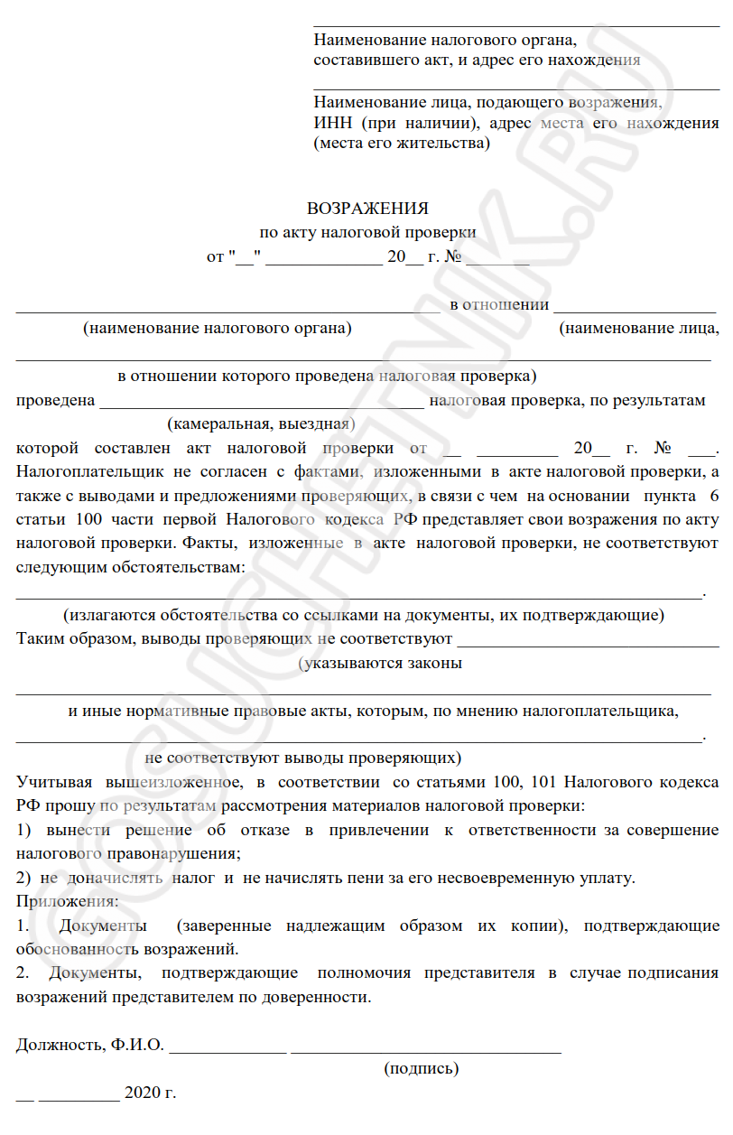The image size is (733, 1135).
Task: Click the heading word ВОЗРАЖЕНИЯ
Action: click(367, 209)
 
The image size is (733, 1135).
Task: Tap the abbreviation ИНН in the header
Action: click(331, 123)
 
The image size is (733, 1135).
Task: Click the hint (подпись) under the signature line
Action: click(422, 1069)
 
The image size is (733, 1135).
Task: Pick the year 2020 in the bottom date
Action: click(142, 1093)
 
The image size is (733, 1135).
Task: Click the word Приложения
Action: click(67, 900)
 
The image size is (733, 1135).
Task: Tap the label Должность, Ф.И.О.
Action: click(89, 1046)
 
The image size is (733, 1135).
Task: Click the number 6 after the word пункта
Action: click(715, 496)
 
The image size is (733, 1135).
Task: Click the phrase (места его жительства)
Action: click(402, 144)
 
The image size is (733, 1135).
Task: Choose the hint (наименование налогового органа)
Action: click(218, 329)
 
